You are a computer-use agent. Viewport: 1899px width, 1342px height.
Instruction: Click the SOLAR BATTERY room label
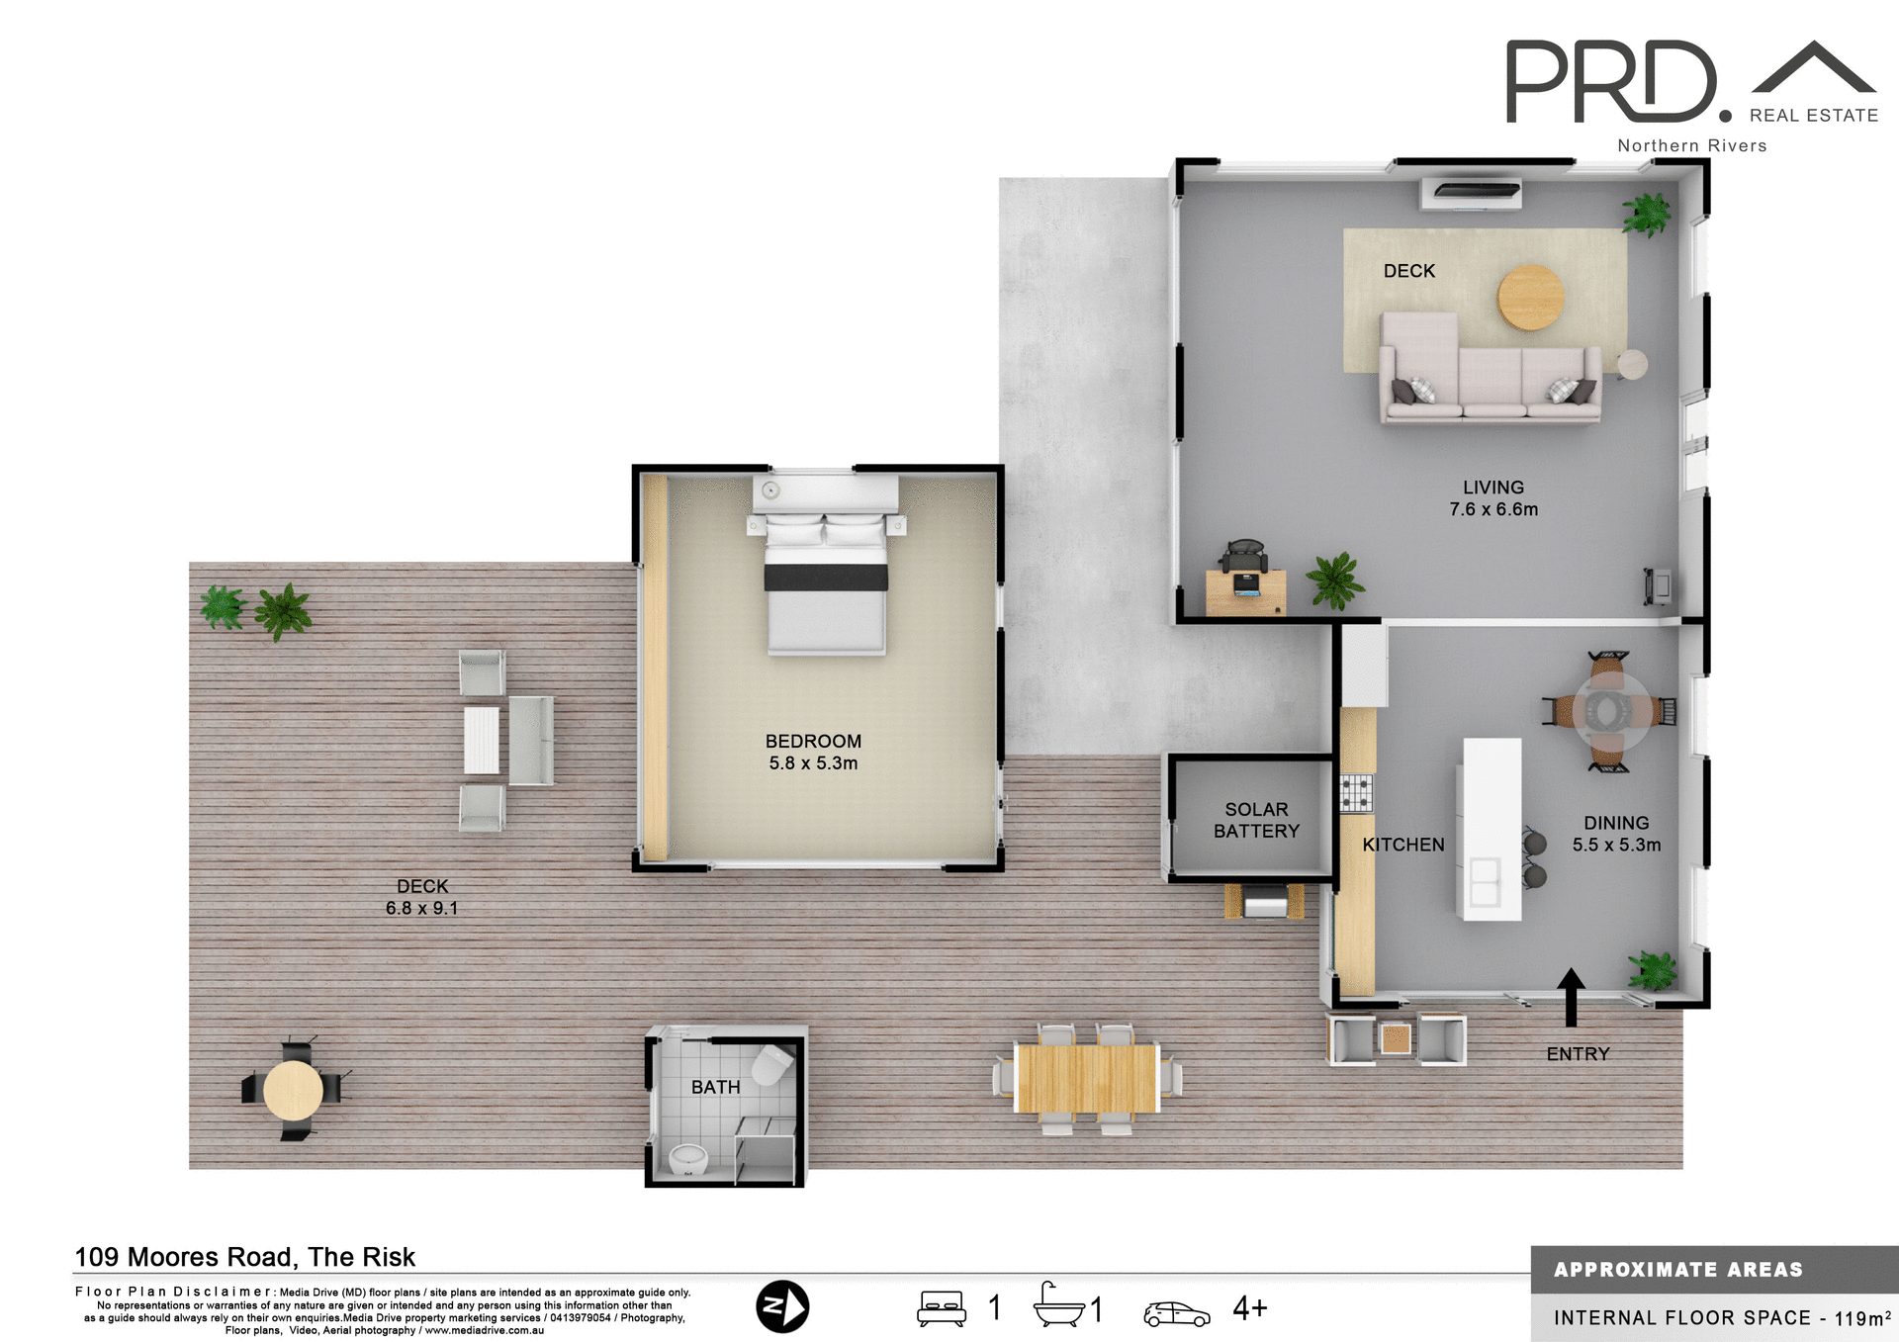1256,820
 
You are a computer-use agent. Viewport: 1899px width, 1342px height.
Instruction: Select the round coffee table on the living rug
1530,297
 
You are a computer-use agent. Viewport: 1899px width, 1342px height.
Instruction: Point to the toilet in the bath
771,1066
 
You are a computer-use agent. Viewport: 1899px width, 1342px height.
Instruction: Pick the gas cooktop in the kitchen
1356,793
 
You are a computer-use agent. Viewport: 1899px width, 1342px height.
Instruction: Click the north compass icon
782,1306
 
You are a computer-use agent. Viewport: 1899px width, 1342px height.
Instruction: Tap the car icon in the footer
1176,1313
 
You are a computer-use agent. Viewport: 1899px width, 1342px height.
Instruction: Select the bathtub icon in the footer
1058,1305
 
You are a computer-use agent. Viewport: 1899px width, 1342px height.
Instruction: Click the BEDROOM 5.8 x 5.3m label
813,752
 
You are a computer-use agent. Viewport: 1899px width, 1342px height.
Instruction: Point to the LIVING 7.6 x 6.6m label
1493,498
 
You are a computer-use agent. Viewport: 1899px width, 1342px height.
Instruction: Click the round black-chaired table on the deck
293,1090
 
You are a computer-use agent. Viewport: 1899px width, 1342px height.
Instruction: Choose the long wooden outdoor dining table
1086,1078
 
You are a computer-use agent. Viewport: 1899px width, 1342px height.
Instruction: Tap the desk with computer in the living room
1246,589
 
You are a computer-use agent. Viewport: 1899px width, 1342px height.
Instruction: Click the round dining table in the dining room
1607,710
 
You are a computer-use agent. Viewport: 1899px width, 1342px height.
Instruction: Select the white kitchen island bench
1492,829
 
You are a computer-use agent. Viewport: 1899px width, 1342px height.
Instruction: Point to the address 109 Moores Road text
245,1257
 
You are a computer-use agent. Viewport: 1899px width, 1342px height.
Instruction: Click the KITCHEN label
1402,845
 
